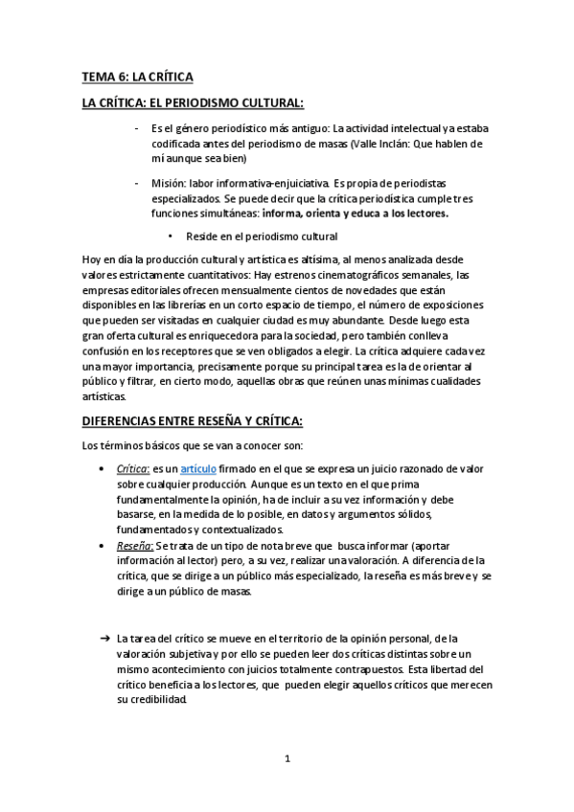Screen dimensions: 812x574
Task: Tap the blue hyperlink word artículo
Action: [199, 470]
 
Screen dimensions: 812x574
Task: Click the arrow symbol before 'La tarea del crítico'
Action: [104, 637]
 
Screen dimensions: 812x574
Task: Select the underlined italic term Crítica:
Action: [132, 470]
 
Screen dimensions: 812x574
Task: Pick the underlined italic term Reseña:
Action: [134, 546]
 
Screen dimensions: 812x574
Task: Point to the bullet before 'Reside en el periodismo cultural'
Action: [170, 237]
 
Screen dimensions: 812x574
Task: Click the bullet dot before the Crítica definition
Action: [103, 470]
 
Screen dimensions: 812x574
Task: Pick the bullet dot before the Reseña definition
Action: [103, 546]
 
